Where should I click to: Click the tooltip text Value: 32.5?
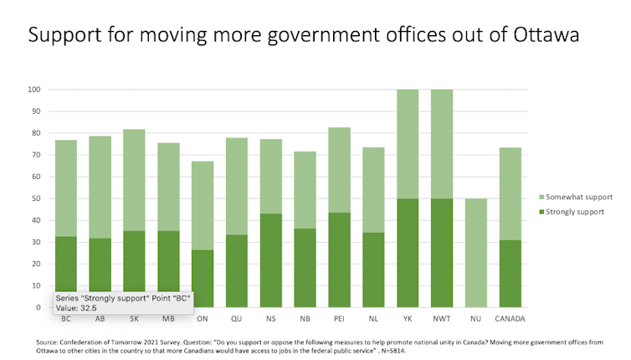tap(76, 307)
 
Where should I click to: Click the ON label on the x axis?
tap(202, 318)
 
